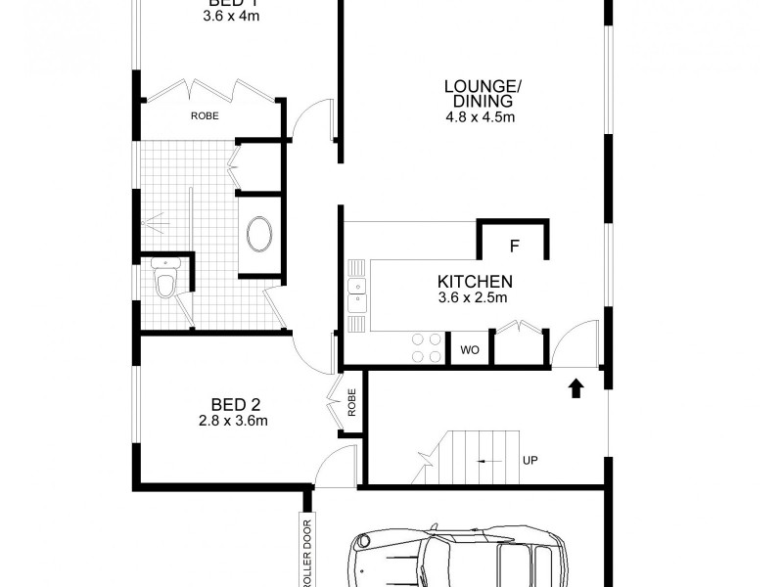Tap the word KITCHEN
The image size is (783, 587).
coord(475,282)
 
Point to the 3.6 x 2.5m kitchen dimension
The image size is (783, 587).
coord(475,298)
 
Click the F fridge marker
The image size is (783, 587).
coord(514,245)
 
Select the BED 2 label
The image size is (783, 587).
coord(235,403)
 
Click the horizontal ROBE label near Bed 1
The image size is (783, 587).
coord(205,115)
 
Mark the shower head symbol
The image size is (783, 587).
coord(151,222)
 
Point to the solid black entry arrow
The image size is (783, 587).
coord(576,389)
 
